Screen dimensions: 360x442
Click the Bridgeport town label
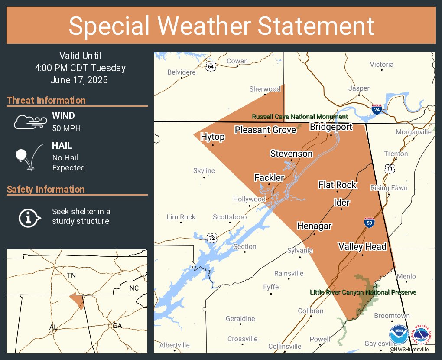click(x=331, y=127)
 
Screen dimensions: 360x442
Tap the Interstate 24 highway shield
click(x=377, y=109)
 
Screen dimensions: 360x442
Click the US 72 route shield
click(x=211, y=238)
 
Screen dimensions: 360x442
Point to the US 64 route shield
click(x=211, y=66)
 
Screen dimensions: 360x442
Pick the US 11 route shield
click(x=390, y=168)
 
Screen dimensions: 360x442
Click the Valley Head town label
click(x=362, y=246)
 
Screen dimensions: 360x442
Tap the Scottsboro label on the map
click(x=230, y=217)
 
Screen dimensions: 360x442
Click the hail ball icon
click(x=28, y=157)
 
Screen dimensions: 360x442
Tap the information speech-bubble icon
click(x=29, y=217)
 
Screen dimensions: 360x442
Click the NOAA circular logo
click(x=399, y=334)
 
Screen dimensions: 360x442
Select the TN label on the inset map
click(x=71, y=275)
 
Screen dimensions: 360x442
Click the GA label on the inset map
click(x=117, y=326)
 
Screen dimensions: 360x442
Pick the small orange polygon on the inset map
click(x=77, y=300)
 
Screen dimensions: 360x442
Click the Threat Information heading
click(x=46, y=101)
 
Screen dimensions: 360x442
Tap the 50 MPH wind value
click(x=66, y=128)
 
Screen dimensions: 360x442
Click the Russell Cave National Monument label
click(x=300, y=117)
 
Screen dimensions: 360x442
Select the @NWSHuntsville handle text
click(x=409, y=349)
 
